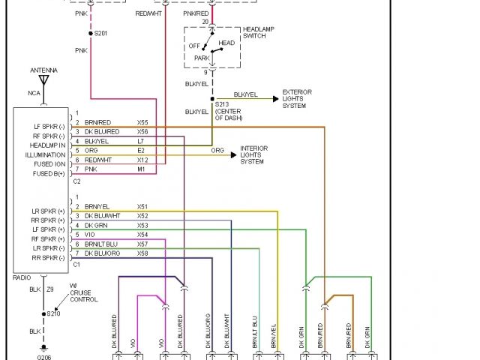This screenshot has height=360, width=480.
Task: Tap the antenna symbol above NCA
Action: [x=43, y=79]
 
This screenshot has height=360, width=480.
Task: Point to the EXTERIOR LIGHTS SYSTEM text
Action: [x=297, y=99]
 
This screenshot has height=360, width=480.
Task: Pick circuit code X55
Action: [x=142, y=121]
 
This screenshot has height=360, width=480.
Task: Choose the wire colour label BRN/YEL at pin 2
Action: [x=97, y=206]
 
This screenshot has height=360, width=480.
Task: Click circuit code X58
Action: [x=142, y=253]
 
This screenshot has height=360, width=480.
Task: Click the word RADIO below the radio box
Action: [x=22, y=277]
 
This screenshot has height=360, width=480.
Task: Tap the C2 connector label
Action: [x=76, y=181]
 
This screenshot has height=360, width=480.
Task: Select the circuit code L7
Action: [x=141, y=141]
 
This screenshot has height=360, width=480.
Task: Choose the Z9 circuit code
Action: [x=51, y=289]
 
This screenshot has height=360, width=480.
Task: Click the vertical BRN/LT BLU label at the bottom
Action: [x=255, y=331]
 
